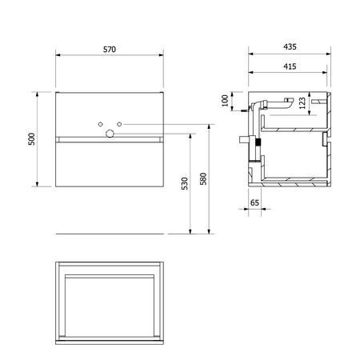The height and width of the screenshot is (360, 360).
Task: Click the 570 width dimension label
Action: (110, 50)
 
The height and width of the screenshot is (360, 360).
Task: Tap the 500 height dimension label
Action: (31, 139)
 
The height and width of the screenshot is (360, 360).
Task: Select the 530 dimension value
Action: (185, 183)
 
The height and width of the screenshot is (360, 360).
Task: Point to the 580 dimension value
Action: (203, 178)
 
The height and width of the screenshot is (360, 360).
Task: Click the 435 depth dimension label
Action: (290, 46)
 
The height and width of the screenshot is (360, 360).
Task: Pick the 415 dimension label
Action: (290, 66)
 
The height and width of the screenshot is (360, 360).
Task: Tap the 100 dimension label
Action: (226, 101)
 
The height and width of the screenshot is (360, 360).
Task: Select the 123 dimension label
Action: (302, 103)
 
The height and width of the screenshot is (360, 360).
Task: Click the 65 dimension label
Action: (254, 203)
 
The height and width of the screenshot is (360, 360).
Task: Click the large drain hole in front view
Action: (110, 134)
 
